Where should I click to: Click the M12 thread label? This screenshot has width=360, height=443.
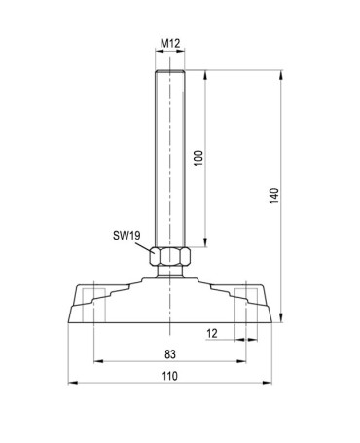click(170, 43)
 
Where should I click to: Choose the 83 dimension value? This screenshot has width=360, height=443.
click(170, 352)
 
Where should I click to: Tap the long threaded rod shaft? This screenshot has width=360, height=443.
click(170, 156)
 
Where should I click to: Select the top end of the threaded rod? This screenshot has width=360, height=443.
click(170, 69)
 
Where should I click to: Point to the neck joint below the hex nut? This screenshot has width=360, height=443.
click(170, 274)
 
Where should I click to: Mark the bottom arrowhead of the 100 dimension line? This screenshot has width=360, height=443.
click(207, 244)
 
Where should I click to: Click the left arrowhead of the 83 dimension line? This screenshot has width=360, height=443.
click(96, 361)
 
